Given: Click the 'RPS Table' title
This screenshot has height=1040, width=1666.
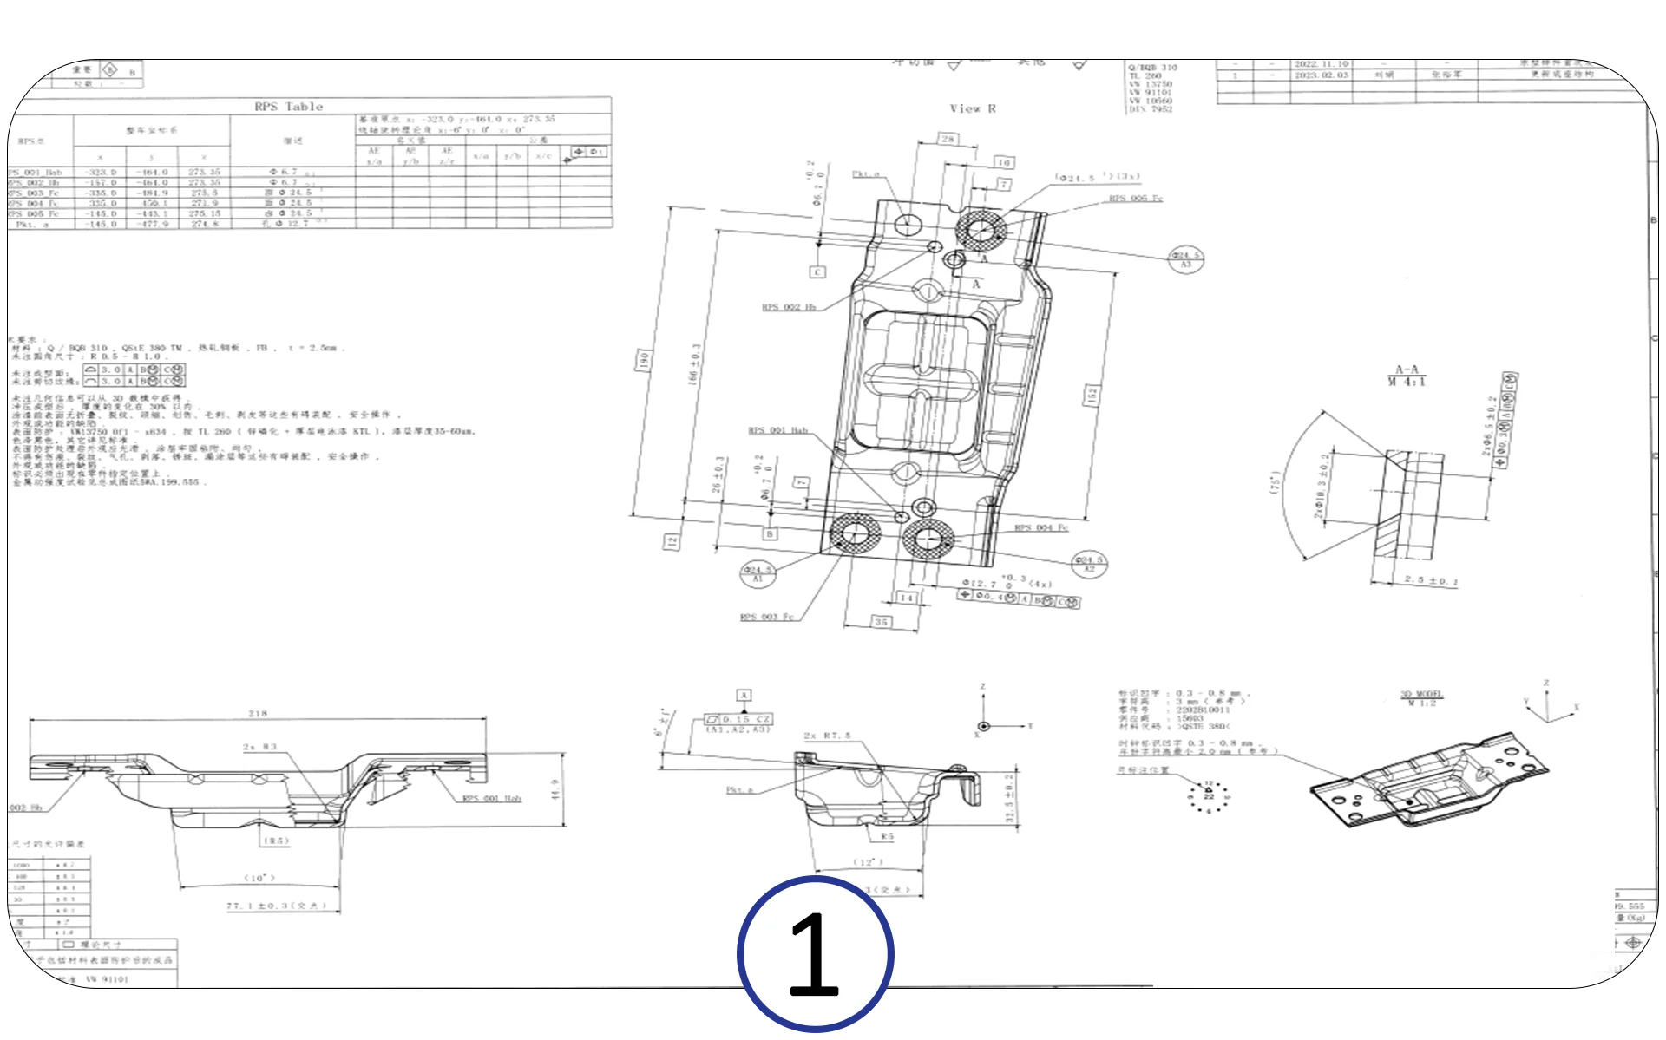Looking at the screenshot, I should pos(288,107).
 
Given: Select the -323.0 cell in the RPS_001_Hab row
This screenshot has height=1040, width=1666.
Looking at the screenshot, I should pos(101,173).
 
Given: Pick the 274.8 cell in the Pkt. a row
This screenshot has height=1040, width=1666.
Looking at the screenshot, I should pos(205,224).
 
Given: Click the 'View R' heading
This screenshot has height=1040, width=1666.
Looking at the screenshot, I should pos(972,109).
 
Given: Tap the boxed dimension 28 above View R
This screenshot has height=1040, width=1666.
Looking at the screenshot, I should pos(948,139).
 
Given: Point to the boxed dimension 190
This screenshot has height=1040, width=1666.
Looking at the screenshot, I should pos(644,360).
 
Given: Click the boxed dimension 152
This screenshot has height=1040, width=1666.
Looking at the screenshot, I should pos(1092,396).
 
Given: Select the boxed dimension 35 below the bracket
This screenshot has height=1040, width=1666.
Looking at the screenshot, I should pos(881,622).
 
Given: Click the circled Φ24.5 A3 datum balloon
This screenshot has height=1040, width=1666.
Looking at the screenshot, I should pos(1185,259).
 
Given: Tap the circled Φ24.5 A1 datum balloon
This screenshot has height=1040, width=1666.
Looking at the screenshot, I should pos(757,573).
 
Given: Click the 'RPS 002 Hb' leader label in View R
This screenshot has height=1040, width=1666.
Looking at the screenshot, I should pos(788,307).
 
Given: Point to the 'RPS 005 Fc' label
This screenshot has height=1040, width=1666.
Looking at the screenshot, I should pos(1135,199).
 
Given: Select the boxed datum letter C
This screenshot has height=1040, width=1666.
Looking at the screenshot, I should pos(817,272).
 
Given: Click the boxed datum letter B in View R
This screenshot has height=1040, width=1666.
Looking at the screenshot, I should pos(770,534).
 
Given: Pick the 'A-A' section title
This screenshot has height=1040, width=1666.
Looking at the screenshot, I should pos(1406,370).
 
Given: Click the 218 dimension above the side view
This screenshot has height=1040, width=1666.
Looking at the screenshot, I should pos(258,714).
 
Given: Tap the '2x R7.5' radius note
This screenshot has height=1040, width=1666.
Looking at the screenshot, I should pos(827,736).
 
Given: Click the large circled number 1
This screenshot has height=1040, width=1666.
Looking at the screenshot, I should pos(815,954).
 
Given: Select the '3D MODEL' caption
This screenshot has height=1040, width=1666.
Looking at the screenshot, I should pos(1421,694).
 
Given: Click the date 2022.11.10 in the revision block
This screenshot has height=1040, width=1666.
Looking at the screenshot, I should pos(1321,64).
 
